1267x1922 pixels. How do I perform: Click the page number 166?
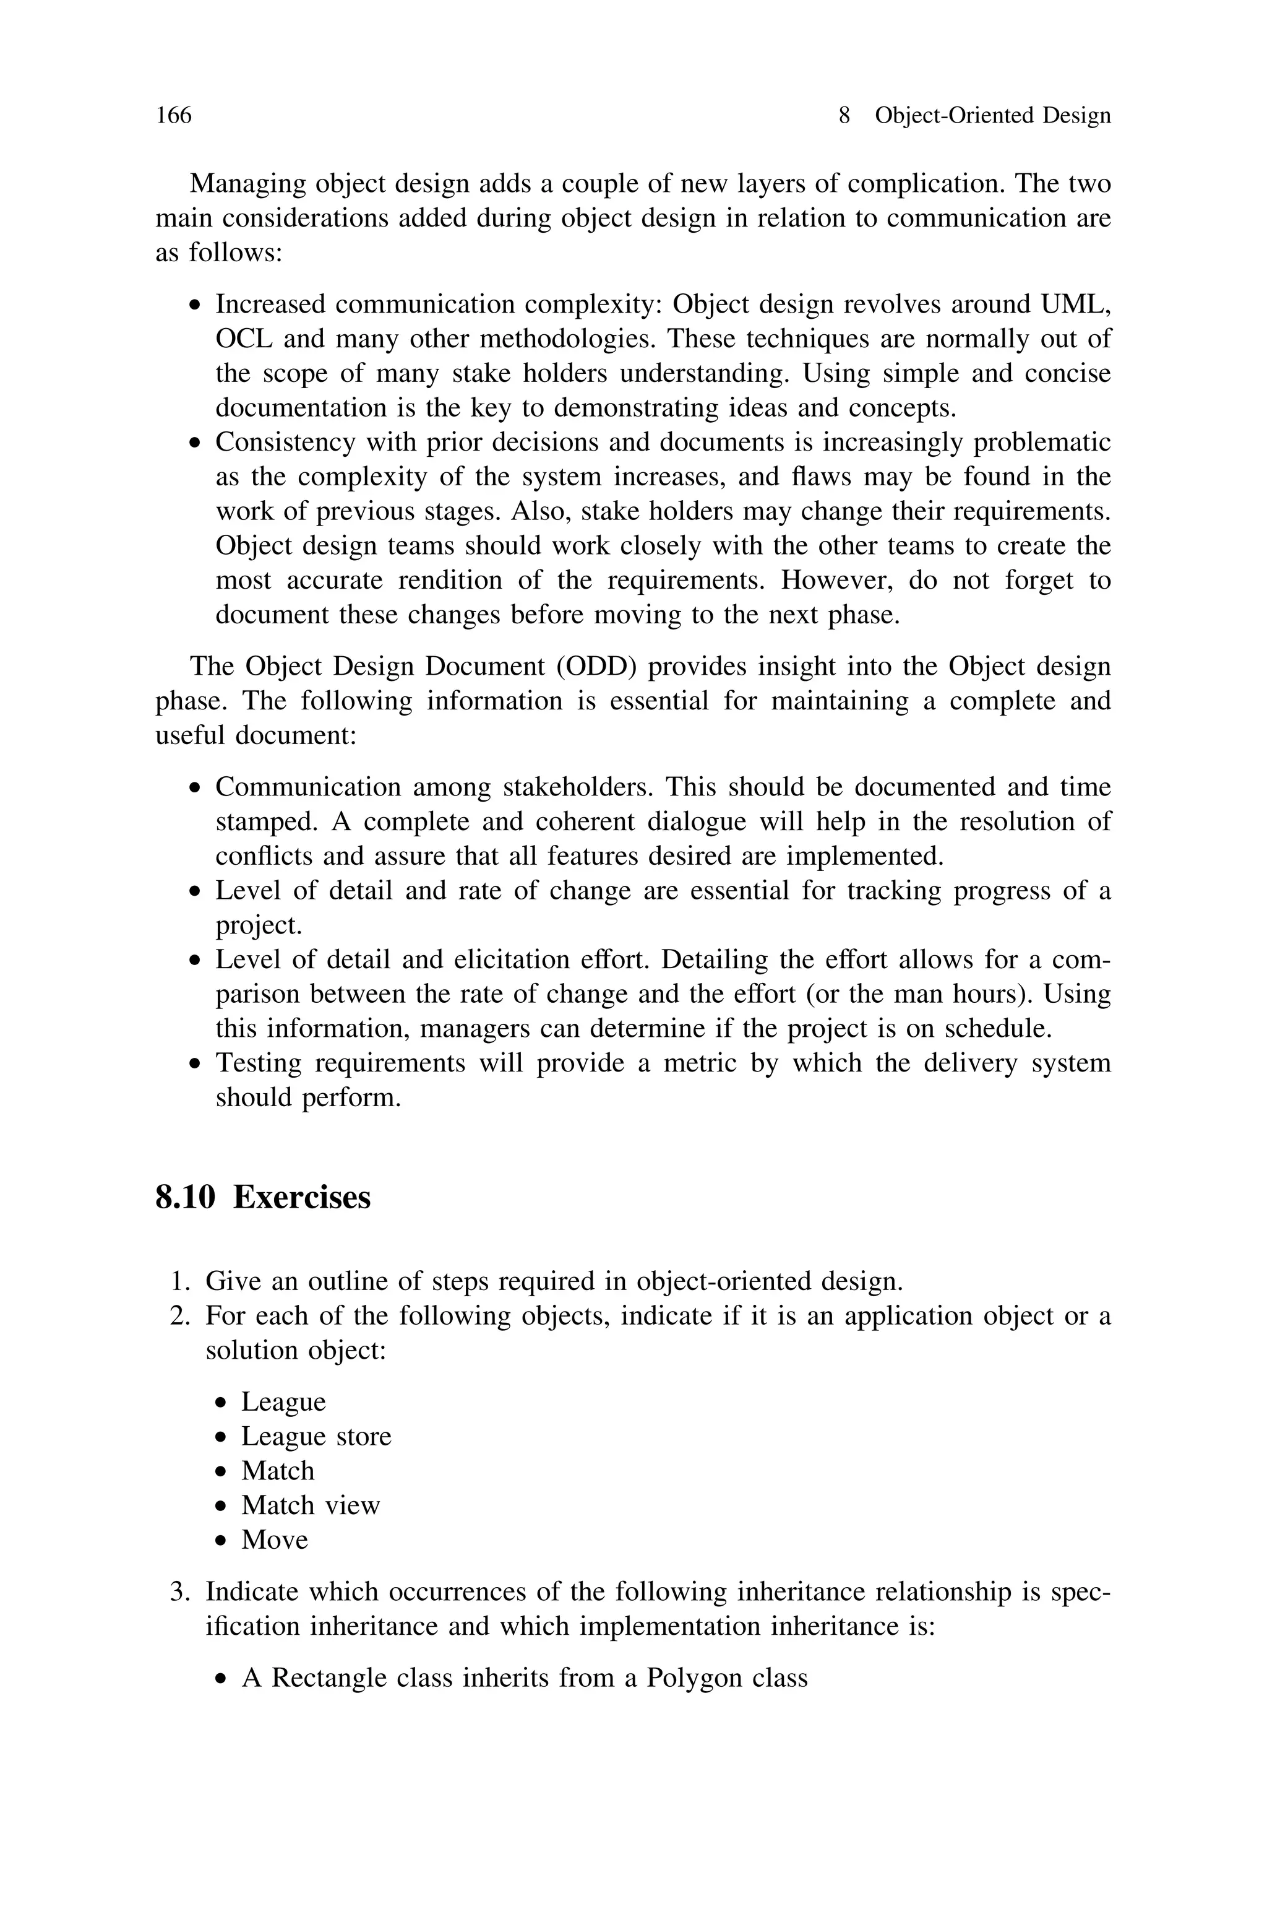174,116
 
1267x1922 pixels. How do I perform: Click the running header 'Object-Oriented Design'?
992,116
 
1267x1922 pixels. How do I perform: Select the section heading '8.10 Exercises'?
262,1197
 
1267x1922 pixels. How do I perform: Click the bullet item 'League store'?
316,1436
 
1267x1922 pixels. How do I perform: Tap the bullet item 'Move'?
275,1539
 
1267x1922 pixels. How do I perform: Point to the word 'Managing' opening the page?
247,184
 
